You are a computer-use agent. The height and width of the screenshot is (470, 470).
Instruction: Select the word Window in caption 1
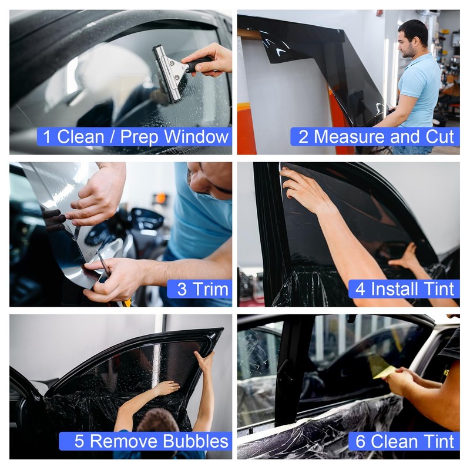[x=196, y=137]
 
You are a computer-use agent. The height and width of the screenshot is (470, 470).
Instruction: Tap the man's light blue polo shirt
[x=421, y=88]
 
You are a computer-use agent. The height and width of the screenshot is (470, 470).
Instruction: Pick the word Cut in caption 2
[x=441, y=137]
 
